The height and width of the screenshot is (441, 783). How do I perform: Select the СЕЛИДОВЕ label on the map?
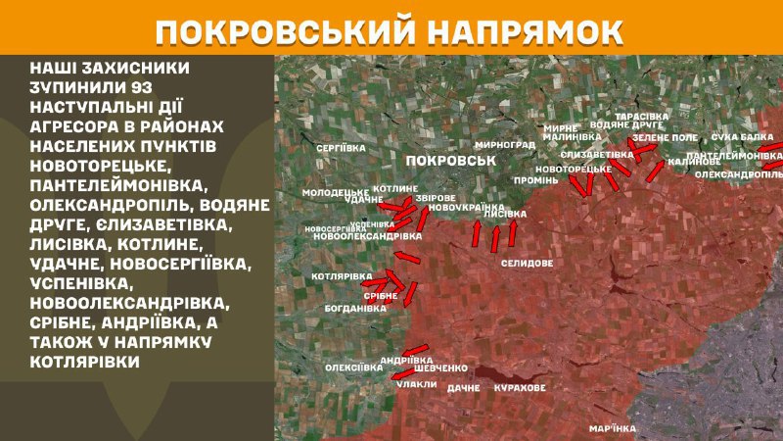tap(527, 264)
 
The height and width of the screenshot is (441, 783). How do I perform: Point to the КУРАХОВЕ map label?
tap(521, 389)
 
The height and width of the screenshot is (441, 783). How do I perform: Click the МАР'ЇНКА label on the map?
tap(614, 428)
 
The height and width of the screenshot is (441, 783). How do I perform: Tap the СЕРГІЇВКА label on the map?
tap(343, 147)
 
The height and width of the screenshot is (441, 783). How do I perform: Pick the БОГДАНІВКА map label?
tap(355, 308)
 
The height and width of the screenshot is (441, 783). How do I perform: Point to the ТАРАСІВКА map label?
tap(642, 116)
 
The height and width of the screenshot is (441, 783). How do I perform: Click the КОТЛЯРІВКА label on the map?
tap(342, 276)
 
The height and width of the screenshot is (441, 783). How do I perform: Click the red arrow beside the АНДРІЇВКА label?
tap(416, 349)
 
